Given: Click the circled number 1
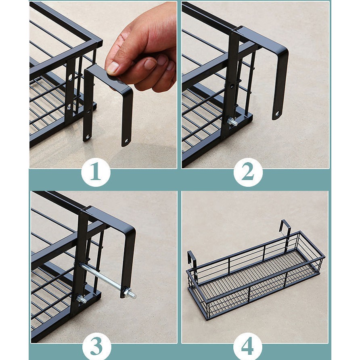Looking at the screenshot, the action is [96, 174].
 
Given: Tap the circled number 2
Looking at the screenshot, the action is [247, 173].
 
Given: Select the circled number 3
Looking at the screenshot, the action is [96, 346].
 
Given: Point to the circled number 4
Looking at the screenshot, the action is [248, 346].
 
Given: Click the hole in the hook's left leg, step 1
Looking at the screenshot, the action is [88, 136].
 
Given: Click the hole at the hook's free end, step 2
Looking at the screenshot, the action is [277, 113].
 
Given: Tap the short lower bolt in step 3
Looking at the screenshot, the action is [81, 299].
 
